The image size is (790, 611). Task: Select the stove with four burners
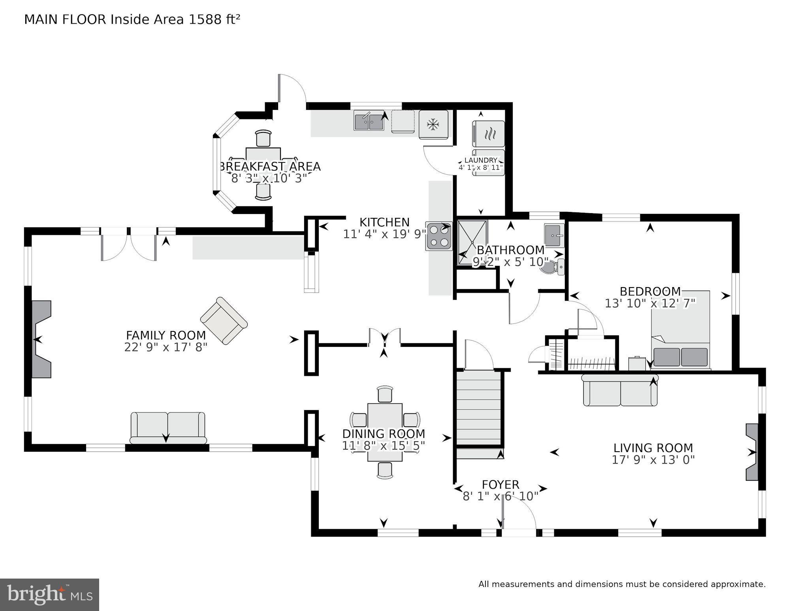[439, 236]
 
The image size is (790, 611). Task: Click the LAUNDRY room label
[480, 160]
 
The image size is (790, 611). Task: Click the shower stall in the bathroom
[472, 242]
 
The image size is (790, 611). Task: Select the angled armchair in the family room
[224, 321]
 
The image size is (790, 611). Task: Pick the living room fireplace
[752, 452]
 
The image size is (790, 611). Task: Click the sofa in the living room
[620, 391]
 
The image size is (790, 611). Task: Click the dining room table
[385, 432]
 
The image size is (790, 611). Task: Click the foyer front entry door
[519, 532]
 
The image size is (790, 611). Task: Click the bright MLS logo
[49, 594]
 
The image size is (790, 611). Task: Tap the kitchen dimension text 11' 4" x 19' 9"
[384, 234]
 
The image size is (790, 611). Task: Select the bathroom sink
[554, 235]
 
